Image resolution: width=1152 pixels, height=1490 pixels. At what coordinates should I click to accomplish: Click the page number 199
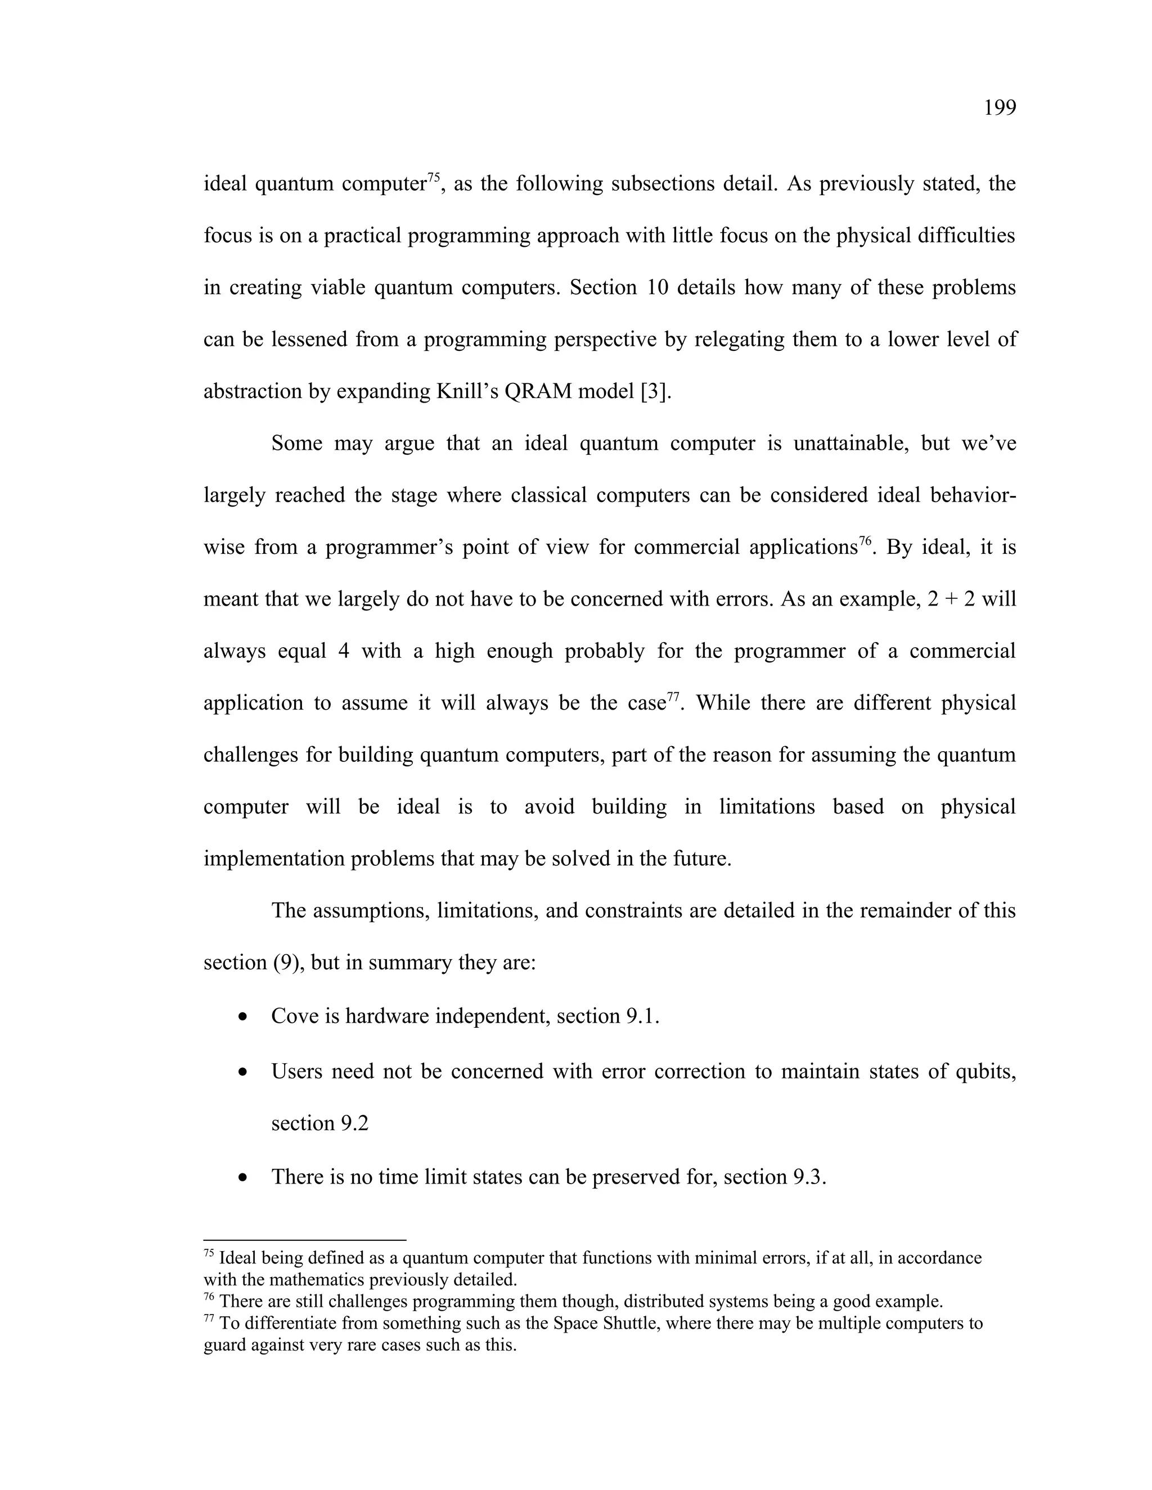coord(999,108)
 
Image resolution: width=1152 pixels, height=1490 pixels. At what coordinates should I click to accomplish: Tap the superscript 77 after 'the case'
coord(673,697)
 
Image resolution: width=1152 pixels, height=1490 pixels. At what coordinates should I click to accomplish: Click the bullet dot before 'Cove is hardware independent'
coord(243,1017)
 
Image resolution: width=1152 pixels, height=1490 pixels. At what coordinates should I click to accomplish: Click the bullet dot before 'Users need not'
coord(243,1072)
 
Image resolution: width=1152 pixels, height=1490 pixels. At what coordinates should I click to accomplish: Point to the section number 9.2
coord(353,1123)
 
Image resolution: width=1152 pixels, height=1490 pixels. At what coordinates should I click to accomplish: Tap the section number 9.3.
coord(808,1177)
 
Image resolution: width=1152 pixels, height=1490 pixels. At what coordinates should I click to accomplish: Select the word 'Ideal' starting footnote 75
coord(237,1258)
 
